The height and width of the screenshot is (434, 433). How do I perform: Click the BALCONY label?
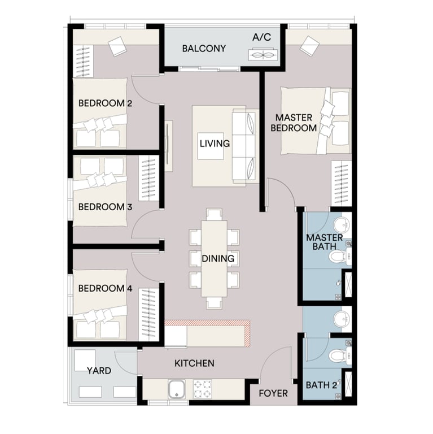(x=204, y=49)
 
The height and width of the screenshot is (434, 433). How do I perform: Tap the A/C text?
(x=261, y=37)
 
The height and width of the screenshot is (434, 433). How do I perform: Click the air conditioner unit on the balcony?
(x=261, y=55)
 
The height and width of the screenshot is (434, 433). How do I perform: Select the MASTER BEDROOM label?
(x=294, y=123)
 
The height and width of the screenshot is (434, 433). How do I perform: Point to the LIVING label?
(x=215, y=144)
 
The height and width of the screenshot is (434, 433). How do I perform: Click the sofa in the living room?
(x=245, y=146)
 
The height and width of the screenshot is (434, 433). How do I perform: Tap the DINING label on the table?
(x=218, y=259)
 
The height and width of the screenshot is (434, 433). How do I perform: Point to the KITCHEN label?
(x=194, y=363)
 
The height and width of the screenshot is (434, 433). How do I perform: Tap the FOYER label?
(x=273, y=393)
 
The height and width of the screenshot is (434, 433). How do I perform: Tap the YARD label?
(x=99, y=371)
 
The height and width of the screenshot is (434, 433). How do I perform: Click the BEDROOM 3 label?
(x=105, y=207)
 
